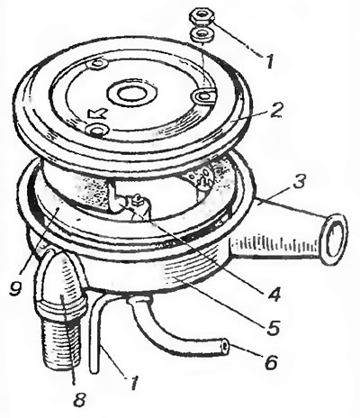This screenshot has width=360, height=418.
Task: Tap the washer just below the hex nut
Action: [x=202, y=34]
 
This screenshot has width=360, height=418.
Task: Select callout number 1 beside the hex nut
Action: [x=270, y=61]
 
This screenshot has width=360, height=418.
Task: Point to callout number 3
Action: [x=299, y=182]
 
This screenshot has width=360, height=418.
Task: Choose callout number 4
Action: [x=274, y=294]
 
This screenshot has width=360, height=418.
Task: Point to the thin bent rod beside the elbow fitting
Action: [x=95, y=331]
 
